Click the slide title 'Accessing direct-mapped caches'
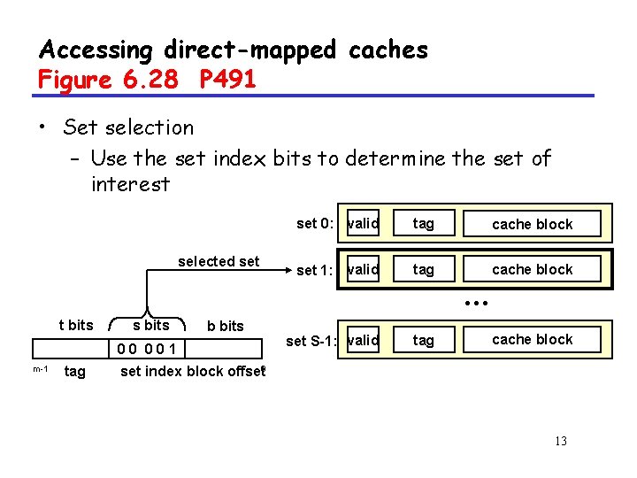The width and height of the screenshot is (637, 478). tap(234, 50)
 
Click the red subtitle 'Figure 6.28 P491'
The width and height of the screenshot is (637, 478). tap(147, 80)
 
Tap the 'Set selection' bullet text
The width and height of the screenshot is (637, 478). tap(128, 127)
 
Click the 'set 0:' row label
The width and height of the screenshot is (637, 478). tap(315, 223)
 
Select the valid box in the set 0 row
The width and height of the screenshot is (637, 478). tap(363, 224)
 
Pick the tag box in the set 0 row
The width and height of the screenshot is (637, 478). tap(424, 224)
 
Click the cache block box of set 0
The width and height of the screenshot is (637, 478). tap(532, 224)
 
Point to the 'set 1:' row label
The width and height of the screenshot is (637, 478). tap(315, 270)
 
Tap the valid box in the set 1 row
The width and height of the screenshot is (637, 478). tap(363, 269)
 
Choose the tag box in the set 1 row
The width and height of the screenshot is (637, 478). tap(424, 269)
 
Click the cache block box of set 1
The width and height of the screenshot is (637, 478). tap(532, 269)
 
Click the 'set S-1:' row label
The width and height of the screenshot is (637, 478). tap(310, 341)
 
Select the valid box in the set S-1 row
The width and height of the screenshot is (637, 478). tap(363, 340)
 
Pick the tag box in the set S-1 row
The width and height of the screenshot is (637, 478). tap(424, 340)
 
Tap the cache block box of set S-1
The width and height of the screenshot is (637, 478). tap(532, 340)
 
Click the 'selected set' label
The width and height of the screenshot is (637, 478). tap(219, 261)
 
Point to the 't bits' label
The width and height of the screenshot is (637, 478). tap(75, 325)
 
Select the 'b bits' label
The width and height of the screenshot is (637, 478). tap(225, 326)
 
